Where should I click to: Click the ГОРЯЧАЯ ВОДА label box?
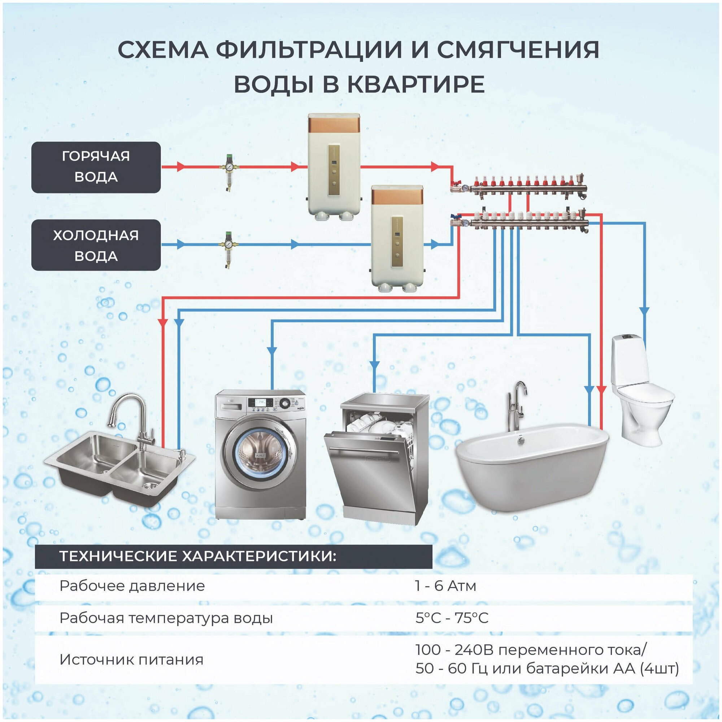(96, 167)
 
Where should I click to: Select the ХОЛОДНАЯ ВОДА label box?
(96, 245)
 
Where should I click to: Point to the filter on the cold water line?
(227, 249)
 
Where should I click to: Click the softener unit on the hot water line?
(333, 166)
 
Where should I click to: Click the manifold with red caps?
(519, 185)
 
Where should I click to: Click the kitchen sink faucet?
(131, 418)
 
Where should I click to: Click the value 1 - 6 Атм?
(445, 586)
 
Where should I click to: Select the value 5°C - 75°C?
(452, 618)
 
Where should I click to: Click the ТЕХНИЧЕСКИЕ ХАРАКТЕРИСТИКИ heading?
(198, 556)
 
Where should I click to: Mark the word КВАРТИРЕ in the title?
(416, 84)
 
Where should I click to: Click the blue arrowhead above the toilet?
(644, 311)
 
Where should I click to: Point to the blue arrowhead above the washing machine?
(272, 351)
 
